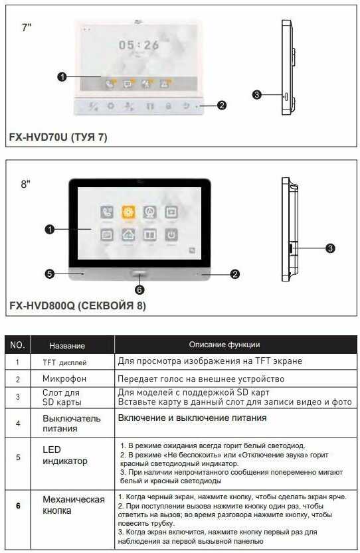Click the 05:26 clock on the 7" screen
[139, 45]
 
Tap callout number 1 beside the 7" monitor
[62, 77]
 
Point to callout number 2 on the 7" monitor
[222, 105]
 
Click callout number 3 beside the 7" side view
[257, 95]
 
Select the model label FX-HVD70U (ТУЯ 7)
[58, 137]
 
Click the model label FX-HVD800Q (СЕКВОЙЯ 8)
[77, 306]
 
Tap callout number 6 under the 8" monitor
[139, 289]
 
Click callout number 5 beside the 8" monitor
[49, 273]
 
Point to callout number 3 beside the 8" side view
[330, 248]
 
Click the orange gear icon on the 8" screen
[128, 212]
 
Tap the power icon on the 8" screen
[171, 234]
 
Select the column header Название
[67, 346]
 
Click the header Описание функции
[224, 345]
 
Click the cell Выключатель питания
[72, 424]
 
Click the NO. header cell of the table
[18, 345]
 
